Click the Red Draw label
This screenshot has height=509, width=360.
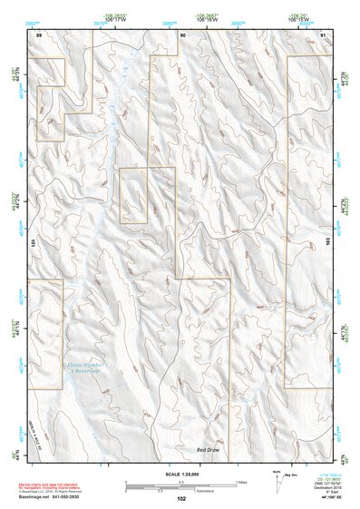[208, 449]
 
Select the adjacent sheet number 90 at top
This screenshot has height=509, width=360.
[183, 34]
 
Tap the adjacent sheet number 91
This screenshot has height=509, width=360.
[324, 34]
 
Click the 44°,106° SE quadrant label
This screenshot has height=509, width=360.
[323, 498]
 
